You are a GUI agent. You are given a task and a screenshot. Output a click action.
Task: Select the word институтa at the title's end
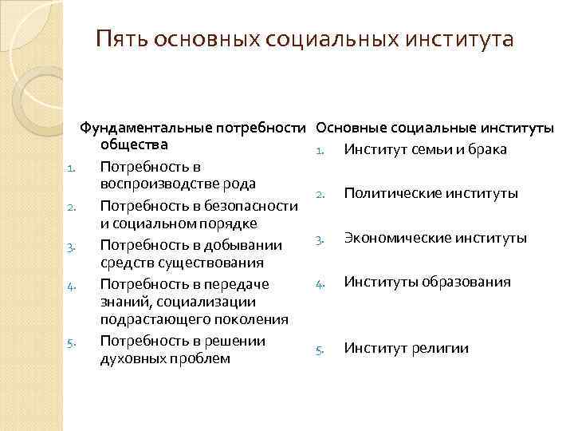tap(470, 39)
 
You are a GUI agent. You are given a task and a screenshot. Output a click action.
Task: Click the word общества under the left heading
tap(133, 145)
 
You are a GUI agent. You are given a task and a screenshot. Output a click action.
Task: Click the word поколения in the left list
tap(249, 319)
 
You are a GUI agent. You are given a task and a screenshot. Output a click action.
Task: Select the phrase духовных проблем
tap(165, 358)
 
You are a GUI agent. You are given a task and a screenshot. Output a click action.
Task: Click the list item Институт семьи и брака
tap(425, 150)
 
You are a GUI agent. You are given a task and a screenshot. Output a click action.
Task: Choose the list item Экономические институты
tap(434, 238)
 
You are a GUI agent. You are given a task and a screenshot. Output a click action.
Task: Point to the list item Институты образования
tap(427, 282)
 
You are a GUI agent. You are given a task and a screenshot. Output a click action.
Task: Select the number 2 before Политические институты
tap(318, 195)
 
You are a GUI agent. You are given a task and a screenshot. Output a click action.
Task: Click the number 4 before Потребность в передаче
tap(71, 283)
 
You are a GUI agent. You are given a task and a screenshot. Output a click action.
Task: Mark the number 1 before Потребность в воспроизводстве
tap(71, 168)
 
